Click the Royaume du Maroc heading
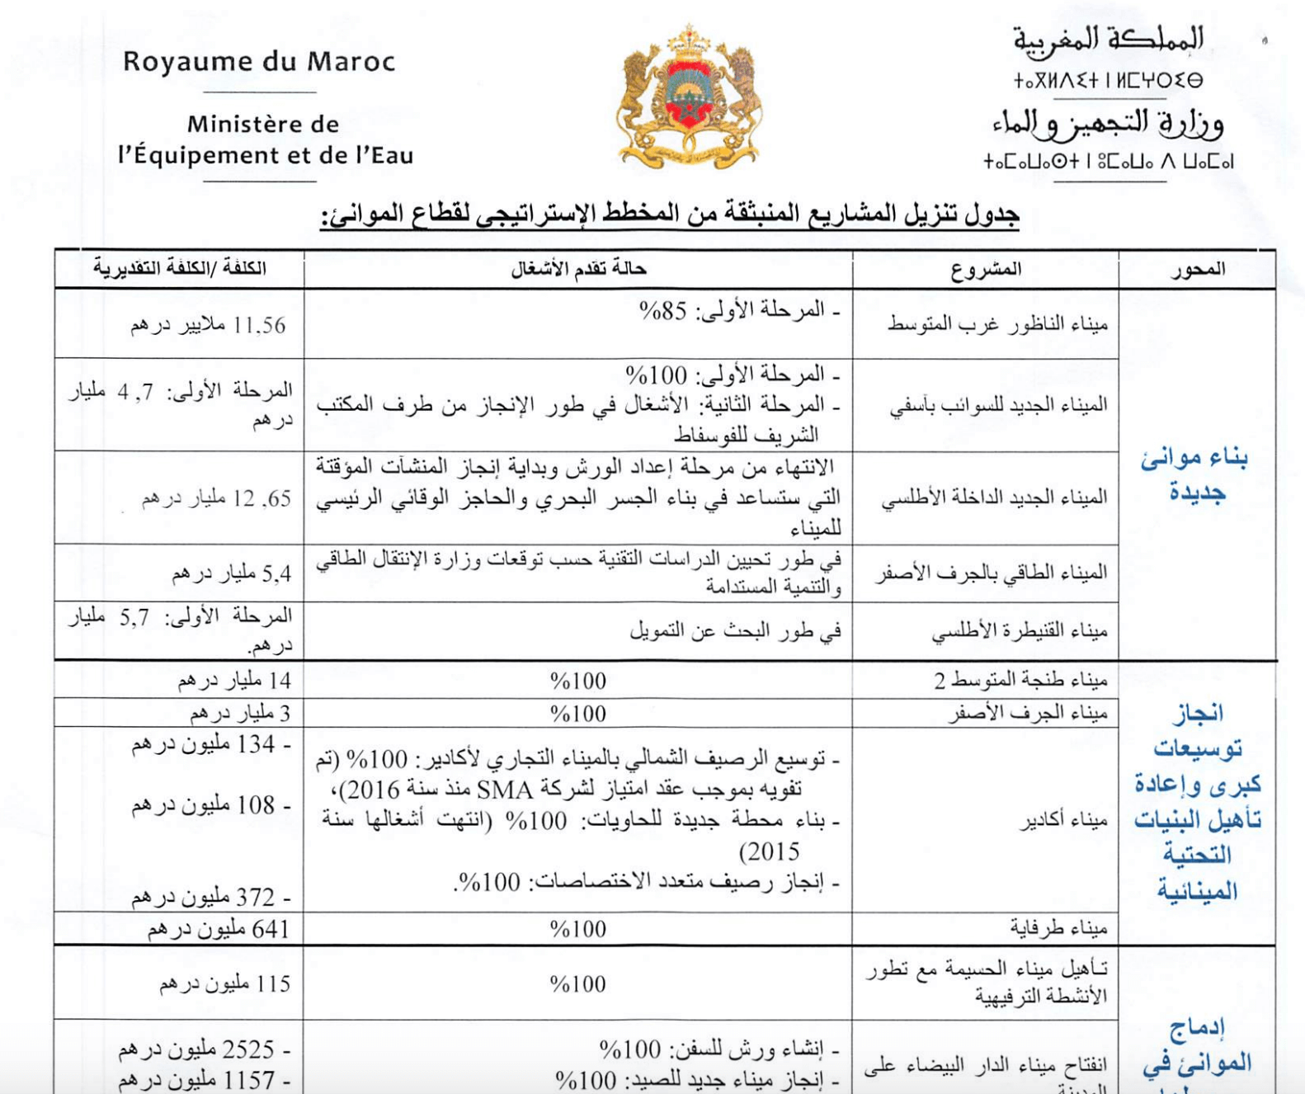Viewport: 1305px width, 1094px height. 259,62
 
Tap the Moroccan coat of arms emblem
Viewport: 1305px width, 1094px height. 690,97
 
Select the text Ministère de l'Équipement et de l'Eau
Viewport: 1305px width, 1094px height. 265,140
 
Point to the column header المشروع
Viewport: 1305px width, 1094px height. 986,269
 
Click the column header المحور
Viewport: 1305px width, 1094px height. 1197,269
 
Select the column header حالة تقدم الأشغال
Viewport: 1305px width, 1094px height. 578,269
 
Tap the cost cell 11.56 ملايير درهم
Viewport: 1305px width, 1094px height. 208,326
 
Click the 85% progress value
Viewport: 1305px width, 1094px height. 662,311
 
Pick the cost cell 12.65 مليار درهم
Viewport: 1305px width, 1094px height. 216,498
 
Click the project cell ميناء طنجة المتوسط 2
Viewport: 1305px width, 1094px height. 1020,681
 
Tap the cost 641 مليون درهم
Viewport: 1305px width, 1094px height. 219,930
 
